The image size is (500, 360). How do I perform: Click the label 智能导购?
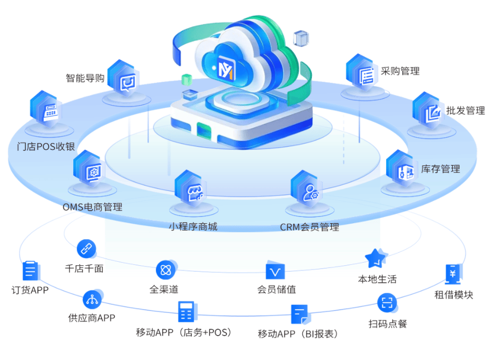pos(85,78)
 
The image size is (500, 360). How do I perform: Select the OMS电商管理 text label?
pos(93,207)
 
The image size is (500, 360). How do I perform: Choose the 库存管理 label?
pos(440,169)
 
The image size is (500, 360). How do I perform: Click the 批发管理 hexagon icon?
pos(429,112)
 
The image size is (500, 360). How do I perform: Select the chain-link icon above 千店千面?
pos(86,249)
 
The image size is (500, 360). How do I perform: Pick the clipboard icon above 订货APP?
pos(30,271)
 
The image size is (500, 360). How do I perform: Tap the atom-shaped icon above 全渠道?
pos(166,270)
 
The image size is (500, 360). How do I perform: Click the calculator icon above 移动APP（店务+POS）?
pos(185,311)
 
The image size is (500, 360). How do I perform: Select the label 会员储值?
pos(277,289)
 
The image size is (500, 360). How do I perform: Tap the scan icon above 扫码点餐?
pos(387,303)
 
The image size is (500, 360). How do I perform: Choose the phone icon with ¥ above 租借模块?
pos(453,274)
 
